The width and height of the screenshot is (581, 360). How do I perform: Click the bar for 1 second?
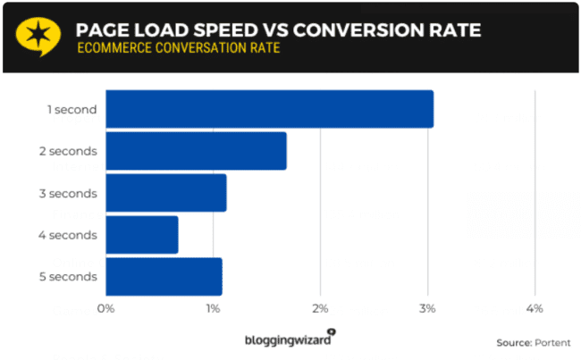pos(269,109)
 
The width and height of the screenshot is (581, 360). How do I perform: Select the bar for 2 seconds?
pos(196,151)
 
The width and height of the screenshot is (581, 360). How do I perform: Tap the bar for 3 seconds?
pos(165,193)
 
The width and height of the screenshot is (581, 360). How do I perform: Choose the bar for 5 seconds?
pos(164,277)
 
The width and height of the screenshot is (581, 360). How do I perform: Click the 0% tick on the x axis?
pos(105,308)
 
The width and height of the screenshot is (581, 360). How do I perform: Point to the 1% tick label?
pos(213,308)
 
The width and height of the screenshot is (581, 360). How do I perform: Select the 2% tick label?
pos(320,308)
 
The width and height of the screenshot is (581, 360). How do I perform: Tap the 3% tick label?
pos(427,308)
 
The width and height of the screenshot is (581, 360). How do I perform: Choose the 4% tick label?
pos(535,308)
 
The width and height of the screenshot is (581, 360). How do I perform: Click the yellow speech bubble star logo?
pos(38,35)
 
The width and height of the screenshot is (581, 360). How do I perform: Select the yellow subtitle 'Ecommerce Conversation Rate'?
pos(177,47)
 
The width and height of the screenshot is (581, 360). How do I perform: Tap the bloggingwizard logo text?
pos(288,339)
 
